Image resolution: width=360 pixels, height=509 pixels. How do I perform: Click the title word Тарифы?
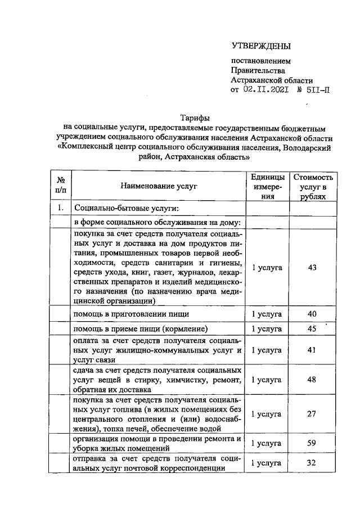pyautogui.click(x=195, y=118)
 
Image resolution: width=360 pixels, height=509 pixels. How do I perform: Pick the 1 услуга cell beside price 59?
pyautogui.click(x=267, y=443)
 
